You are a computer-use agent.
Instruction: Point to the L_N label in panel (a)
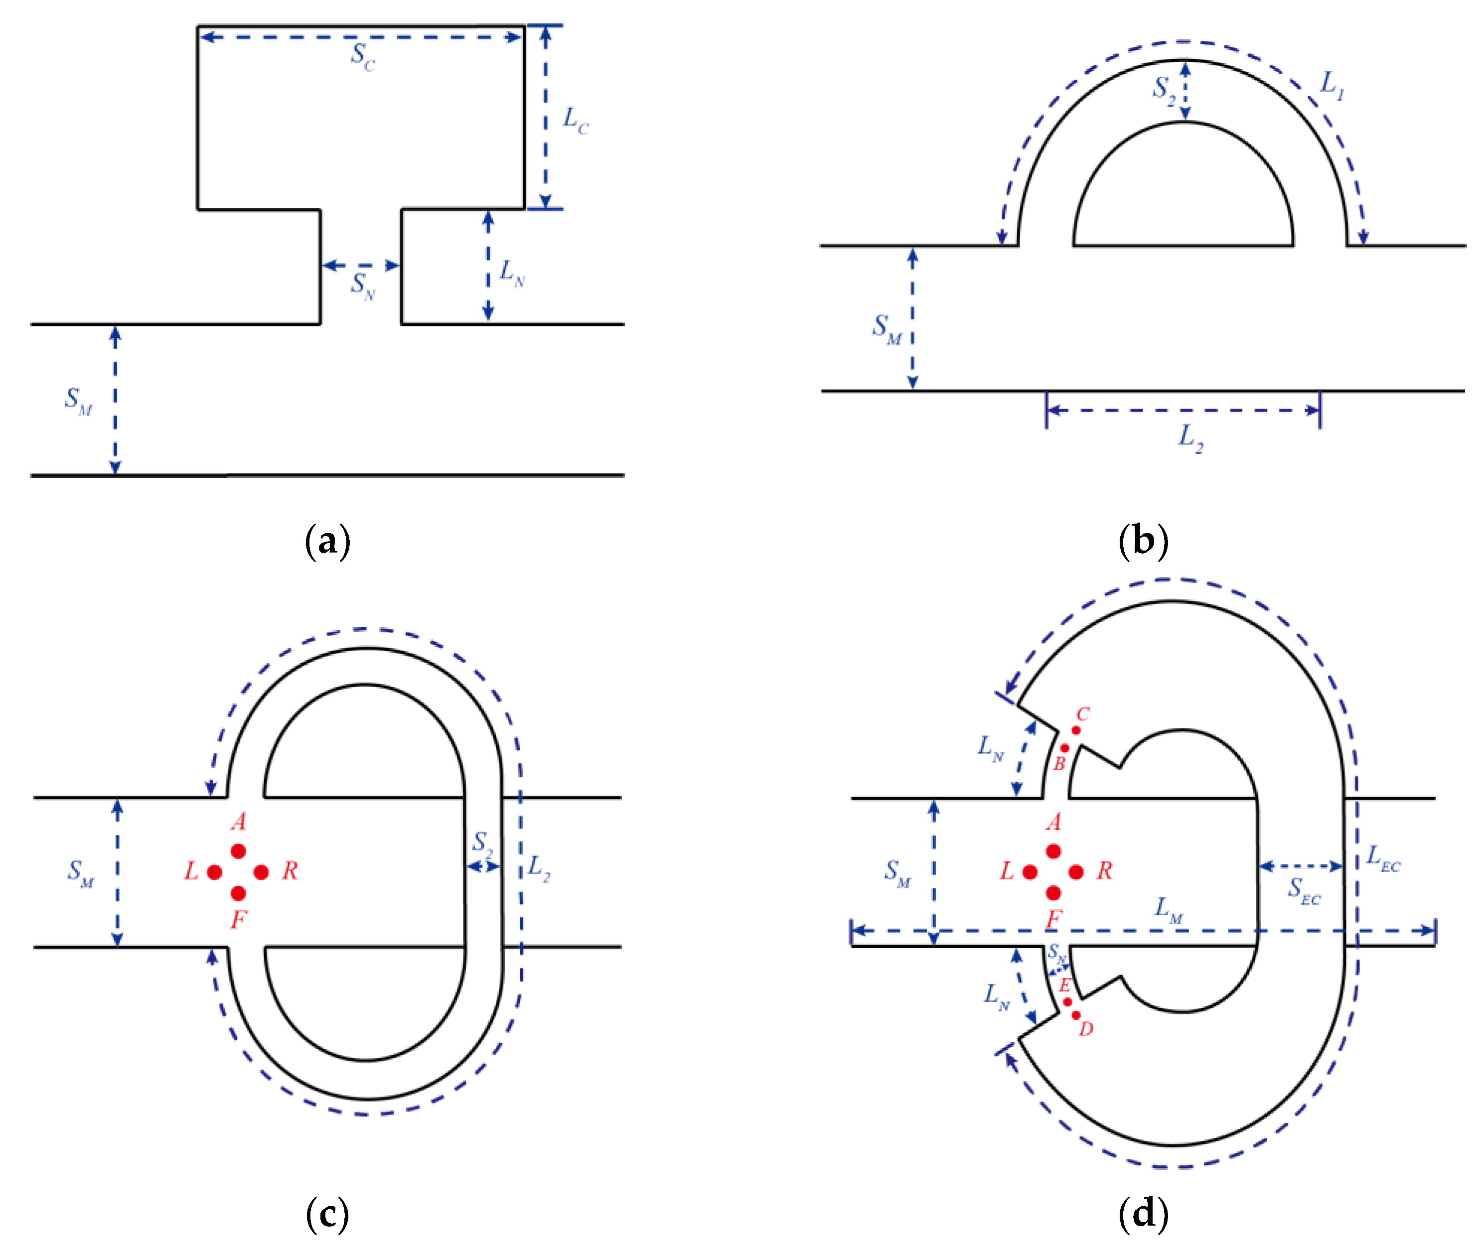[x=512, y=273]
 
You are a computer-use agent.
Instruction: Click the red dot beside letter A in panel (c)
[x=238, y=851]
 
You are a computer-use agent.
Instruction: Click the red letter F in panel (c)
[x=238, y=919]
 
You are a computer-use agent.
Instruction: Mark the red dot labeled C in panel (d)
[x=1075, y=730]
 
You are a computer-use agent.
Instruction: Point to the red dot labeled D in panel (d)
[x=1075, y=1015]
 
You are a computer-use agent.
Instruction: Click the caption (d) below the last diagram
[x=1143, y=1213]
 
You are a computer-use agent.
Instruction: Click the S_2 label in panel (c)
[x=482, y=843]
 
